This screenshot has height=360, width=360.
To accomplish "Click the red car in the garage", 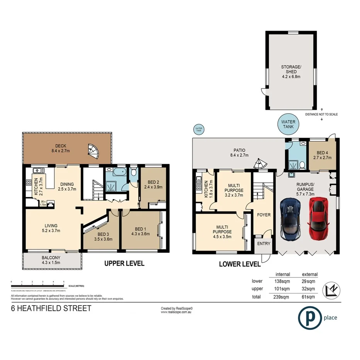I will [318, 218].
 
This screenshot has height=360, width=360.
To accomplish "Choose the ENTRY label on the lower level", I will [264, 244].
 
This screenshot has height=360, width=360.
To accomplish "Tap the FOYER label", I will [264, 215].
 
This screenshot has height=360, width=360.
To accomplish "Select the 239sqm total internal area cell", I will [281, 297].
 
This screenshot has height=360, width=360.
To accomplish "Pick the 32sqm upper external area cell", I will [309, 289].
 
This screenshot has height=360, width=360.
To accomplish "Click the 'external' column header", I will [309, 274].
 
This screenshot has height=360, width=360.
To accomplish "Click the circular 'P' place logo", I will [310, 318].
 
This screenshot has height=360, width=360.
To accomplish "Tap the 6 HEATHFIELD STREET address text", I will [51, 308].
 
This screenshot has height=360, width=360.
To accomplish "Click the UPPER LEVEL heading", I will [124, 263].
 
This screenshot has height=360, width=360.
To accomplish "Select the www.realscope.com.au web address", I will [177, 311].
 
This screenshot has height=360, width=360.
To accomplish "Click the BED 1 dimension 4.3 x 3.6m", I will [140, 234].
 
